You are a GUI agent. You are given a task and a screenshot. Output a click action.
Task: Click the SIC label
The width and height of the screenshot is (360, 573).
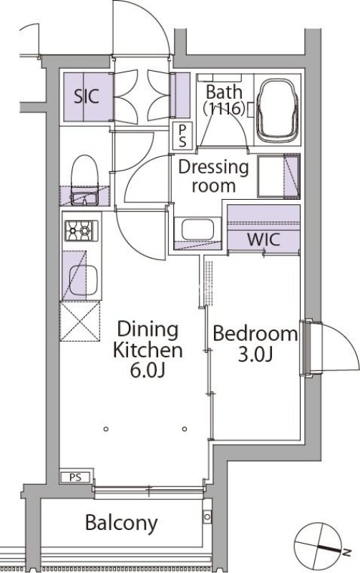(87, 96)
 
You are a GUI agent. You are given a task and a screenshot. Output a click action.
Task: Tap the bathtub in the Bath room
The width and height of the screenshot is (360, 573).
(277, 111)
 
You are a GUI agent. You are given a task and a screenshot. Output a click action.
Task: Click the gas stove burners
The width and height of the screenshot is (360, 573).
(82, 231)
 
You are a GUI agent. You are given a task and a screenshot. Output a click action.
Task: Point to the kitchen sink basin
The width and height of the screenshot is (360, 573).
(83, 280)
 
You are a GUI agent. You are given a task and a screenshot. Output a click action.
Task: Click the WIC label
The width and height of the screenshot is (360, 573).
(263, 239)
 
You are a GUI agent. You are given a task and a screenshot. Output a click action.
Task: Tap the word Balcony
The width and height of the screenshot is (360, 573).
(121, 523)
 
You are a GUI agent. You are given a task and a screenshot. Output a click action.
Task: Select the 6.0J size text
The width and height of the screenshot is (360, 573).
(148, 370)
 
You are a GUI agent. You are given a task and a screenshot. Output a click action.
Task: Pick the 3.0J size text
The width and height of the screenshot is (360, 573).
(256, 354)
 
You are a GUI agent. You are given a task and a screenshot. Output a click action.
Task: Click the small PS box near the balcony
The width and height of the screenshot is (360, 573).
(76, 477)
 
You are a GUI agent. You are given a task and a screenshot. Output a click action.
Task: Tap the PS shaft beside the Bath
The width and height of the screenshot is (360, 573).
(183, 136)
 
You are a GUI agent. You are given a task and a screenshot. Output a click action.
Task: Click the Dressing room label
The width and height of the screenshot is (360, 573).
(213, 176)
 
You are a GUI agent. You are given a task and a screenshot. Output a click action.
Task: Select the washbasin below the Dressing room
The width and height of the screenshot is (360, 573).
(197, 229)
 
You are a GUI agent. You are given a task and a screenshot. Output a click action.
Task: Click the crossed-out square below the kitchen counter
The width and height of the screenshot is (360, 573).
(80, 321)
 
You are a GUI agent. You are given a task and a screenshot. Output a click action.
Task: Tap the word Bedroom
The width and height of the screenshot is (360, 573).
(255, 334)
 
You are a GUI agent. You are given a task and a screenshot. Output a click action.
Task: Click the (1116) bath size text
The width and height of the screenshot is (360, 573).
(224, 109)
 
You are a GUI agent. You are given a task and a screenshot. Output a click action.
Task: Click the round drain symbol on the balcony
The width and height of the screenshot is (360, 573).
(208, 516)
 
